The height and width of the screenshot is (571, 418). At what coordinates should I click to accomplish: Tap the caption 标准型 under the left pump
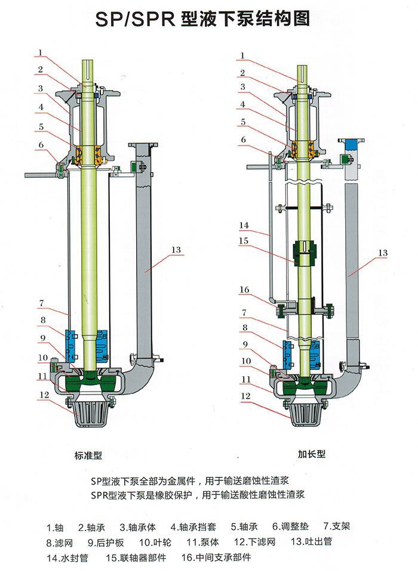(x=90, y=455)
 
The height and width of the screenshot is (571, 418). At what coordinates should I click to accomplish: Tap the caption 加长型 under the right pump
(x=311, y=454)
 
